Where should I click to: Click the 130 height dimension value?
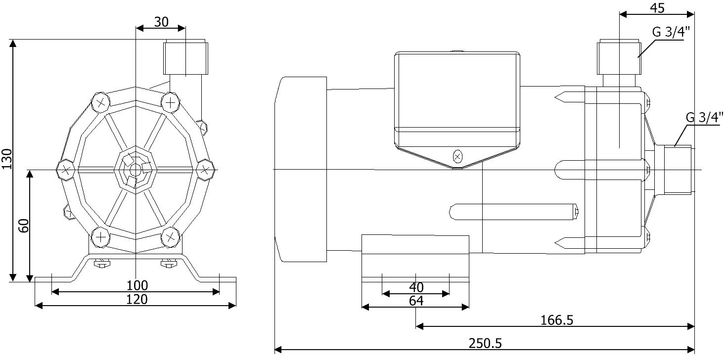pyautogui.click(x=6, y=159)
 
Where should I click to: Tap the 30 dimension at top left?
pyautogui.click(x=161, y=22)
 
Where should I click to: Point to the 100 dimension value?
pyautogui.click(x=137, y=285)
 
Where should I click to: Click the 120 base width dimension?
pyautogui.click(x=137, y=299)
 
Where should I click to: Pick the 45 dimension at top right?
pyautogui.click(x=657, y=7)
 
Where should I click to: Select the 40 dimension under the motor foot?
pyautogui.click(x=416, y=287)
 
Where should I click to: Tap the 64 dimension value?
pyautogui.click(x=416, y=300)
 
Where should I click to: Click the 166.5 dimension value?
pyautogui.click(x=557, y=320)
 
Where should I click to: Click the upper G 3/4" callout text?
pyautogui.click(x=671, y=32)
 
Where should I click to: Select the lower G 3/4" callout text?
pyautogui.click(x=704, y=118)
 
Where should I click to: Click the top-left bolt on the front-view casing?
pyautogui.click(x=101, y=103)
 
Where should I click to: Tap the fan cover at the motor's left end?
pyautogui.click(x=301, y=169)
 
